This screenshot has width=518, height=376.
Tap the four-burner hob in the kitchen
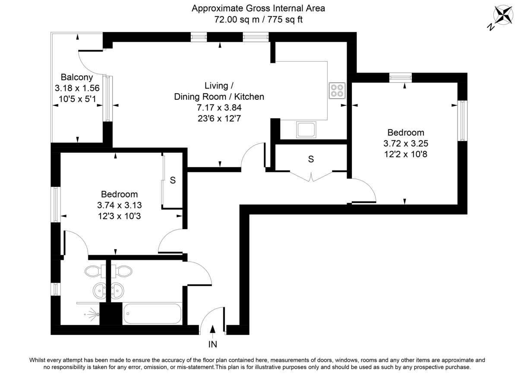(x=337, y=90)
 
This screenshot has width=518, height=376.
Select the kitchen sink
(x=306, y=130)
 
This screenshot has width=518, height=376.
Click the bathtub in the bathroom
(x=152, y=314)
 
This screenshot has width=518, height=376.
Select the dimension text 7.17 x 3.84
(x=219, y=107)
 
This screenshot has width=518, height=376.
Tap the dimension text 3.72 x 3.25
(x=405, y=143)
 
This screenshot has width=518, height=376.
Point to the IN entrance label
(x=213, y=344)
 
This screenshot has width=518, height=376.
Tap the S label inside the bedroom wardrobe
(x=173, y=181)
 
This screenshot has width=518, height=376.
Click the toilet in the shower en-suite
(x=92, y=271)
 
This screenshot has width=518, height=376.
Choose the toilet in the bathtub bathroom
(x=123, y=271)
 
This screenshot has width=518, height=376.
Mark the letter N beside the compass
(x=490, y=27)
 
